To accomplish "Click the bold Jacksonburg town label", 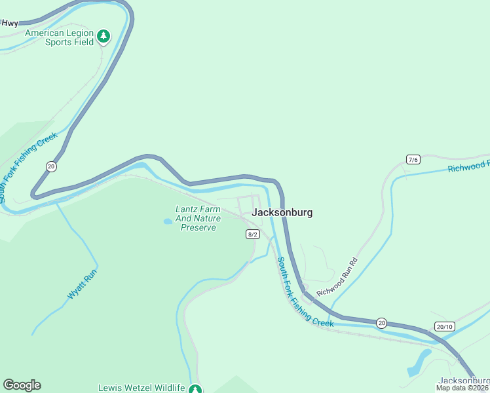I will [x=282, y=212].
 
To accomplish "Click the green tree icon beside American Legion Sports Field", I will [x=104, y=37].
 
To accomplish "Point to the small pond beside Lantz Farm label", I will [x=168, y=221].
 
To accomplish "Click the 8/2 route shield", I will [x=253, y=234].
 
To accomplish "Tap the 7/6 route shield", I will [x=413, y=159].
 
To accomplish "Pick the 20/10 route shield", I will [x=444, y=326].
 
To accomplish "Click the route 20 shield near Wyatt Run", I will [x=51, y=166].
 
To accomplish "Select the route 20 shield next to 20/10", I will [x=381, y=322].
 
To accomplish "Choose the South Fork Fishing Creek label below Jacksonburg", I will [x=305, y=292].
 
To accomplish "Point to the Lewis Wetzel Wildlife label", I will [x=141, y=388].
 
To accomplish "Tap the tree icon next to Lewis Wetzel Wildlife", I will [x=195, y=388].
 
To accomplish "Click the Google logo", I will [x=22, y=385].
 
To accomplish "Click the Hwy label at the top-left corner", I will [x=10, y=23].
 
